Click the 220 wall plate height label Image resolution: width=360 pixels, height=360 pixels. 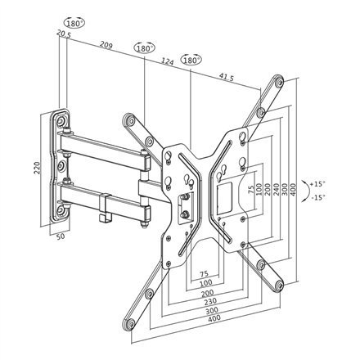click(34, 169)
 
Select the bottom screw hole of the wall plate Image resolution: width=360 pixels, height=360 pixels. click(61, 214)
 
